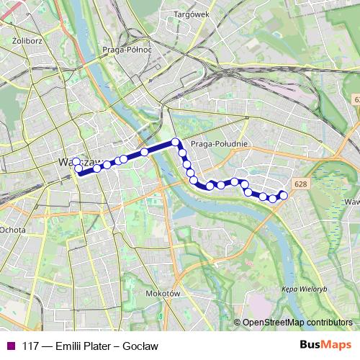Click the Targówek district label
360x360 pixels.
click(190, 14)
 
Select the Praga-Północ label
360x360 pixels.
click(127, 50)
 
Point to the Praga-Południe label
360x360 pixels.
click(220, 144)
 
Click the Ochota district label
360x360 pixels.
click(13, 230)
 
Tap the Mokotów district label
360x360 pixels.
click(161, 294)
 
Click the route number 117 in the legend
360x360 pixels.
click(30, 346)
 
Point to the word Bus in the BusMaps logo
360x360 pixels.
click(310, 345)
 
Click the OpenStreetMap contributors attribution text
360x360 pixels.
click(297, 322)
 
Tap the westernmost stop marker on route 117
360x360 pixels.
click(76, 162)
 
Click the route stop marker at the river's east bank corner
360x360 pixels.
click(175, 141)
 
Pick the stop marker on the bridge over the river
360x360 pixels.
click(145, 152)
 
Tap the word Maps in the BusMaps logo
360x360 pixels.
click(336, 345)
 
